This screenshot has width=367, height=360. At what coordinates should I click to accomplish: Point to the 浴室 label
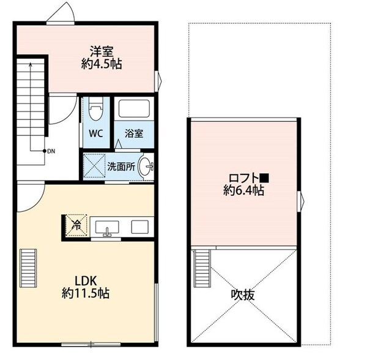coord(134,133)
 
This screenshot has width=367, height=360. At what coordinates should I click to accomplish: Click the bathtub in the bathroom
coord(135,110)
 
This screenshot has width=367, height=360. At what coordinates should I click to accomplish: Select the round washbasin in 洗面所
coord(146,166)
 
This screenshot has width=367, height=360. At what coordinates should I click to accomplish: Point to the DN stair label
coord(53,150)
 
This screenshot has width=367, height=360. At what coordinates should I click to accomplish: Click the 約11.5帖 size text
coord(85,293)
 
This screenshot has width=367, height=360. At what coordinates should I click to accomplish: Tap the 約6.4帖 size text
coord(243,191)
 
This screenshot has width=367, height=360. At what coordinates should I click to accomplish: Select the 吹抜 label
coord(243,294)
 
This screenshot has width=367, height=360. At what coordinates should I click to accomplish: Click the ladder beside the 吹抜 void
coord(201,268)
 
